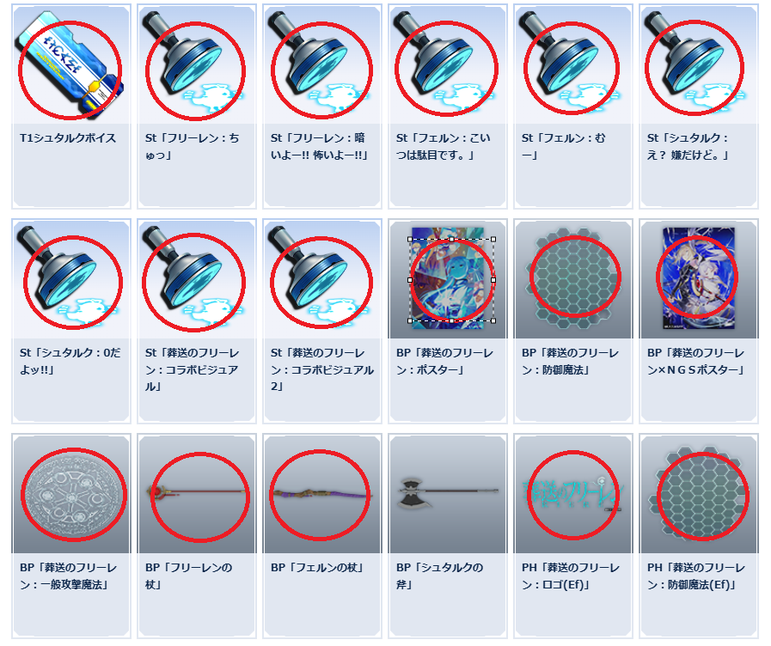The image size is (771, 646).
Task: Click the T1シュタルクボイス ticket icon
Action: (x=69, y=66)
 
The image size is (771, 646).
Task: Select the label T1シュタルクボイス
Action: (x=68, y=138)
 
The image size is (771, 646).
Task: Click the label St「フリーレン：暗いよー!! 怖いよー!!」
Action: (x=320, y=146)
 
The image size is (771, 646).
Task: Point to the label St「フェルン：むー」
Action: (x=564, y=146)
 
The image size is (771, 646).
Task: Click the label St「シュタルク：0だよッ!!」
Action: (x=70, y=361)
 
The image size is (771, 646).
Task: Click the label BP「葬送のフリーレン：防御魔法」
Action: (x=571, y=361)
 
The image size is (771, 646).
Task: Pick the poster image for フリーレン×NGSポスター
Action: (x=699, y=277)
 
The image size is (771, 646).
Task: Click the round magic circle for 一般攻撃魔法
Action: (x=72, y=495)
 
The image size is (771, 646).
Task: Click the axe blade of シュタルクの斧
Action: (x=410, y=491)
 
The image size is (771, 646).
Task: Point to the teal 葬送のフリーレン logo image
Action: (x=572, y=493)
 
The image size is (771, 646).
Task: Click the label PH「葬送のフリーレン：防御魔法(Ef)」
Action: (x=695, y=576)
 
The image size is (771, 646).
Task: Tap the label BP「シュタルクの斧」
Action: (x=439, y=576)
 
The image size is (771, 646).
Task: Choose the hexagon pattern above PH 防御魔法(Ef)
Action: (x=699, y=494)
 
